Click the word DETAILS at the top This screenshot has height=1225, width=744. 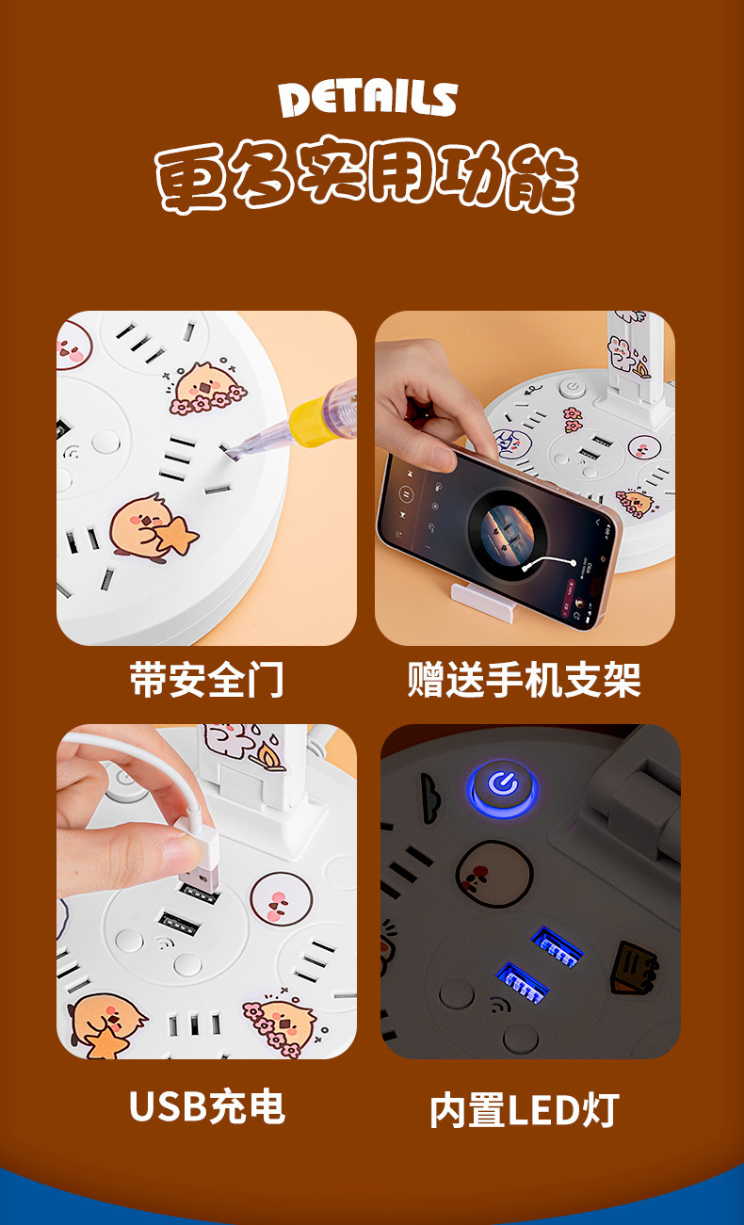(x=368, y=99)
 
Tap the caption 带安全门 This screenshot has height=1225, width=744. (x=206, y=680)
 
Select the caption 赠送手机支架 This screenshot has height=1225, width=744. (x=524, y=680)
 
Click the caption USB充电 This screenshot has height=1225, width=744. (x=206, y=1106)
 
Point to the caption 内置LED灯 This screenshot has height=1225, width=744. (x=524, y=1110)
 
